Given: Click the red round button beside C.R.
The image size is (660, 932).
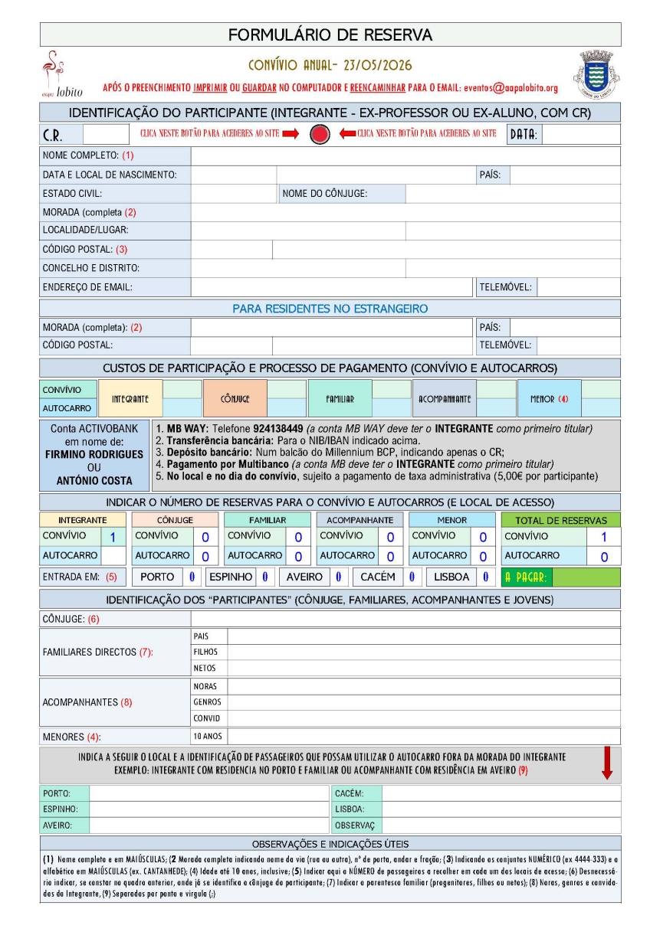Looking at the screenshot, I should point(320,135).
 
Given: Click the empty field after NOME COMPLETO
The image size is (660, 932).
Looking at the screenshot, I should point(405,155).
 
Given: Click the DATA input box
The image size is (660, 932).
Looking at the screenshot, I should point(580,135).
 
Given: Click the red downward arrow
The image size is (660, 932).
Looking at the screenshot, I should point(606,764).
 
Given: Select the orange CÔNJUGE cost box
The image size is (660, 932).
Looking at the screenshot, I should point(235,398).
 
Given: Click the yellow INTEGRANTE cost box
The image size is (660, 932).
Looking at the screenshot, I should point(130,398).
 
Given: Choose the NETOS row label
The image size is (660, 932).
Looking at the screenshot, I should point(205,668).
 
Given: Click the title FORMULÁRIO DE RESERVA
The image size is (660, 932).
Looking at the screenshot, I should point(330,35).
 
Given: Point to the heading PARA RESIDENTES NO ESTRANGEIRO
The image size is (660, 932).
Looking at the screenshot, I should point(330,309).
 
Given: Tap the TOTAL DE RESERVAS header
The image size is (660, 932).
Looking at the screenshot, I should point(560,520).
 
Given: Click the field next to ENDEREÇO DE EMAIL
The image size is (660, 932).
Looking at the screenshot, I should point(331,287).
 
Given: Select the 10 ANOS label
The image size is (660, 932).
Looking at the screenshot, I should point(207,737).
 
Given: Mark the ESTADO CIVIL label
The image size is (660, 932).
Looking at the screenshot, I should point(73,194).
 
